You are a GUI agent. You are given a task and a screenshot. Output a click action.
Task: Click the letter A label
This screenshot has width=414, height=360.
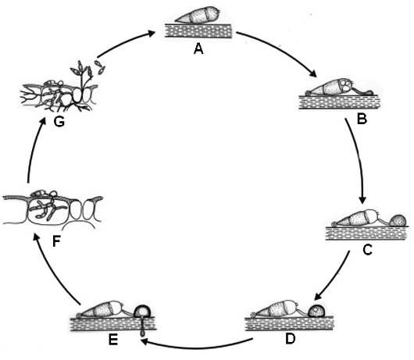pos(198,49)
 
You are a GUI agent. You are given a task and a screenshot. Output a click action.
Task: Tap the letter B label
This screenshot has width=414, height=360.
pos(362,119)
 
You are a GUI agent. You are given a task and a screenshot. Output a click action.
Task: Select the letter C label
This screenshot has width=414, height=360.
pos(368,250)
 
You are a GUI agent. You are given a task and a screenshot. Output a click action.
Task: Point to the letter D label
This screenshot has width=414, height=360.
pos(290,339)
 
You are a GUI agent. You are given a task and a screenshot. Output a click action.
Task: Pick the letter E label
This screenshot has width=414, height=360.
pos(113,340)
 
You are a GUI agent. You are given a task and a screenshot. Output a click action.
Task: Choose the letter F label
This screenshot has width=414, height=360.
pos(57,241)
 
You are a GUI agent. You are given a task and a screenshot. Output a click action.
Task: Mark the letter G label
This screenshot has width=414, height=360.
pos(59,122)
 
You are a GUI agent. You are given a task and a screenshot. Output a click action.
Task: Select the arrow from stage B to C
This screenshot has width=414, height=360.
pos(359,161)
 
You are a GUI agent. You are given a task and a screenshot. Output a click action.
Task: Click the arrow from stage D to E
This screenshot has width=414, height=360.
pos(197,346)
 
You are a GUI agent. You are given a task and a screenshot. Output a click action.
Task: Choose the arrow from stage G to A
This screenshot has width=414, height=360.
pos(124,42)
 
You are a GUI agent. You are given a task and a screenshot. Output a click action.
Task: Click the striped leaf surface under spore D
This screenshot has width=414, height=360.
pos(289,324)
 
